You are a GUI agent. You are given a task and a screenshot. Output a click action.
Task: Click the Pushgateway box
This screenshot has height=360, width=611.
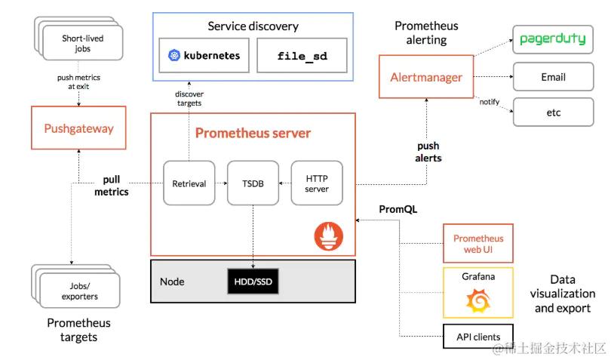click(x=78, y=128)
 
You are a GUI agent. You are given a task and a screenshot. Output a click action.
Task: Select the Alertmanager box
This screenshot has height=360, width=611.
click(x=426, y=77)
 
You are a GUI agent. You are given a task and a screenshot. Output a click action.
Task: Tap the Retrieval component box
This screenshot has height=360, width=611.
click(x=189, y=183)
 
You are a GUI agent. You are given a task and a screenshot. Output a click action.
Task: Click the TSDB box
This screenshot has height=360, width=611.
click(x=253, y=183)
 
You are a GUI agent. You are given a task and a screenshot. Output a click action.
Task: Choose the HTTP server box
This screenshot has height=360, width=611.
click(x=317, y=183)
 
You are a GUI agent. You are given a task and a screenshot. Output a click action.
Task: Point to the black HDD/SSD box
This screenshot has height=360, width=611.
click(x=253, y=282)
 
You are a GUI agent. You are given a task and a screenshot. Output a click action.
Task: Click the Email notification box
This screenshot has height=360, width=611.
click(x=553, y=77)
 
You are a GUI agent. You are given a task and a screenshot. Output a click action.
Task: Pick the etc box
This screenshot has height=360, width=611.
click(x=553, y=112)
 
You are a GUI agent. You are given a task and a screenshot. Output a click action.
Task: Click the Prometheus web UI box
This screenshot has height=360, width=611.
click(x=477, y=243)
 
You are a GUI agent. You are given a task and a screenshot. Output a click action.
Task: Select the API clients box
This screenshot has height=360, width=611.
click(x=477, y=337)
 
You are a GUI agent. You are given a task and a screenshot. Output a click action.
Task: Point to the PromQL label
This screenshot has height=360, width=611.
click(x=398, y=208)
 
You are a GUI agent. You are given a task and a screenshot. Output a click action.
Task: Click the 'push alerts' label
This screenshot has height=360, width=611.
click(x=428, y=152)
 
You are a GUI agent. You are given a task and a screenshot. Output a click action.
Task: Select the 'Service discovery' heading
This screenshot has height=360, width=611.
click(x=253, y=26)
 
